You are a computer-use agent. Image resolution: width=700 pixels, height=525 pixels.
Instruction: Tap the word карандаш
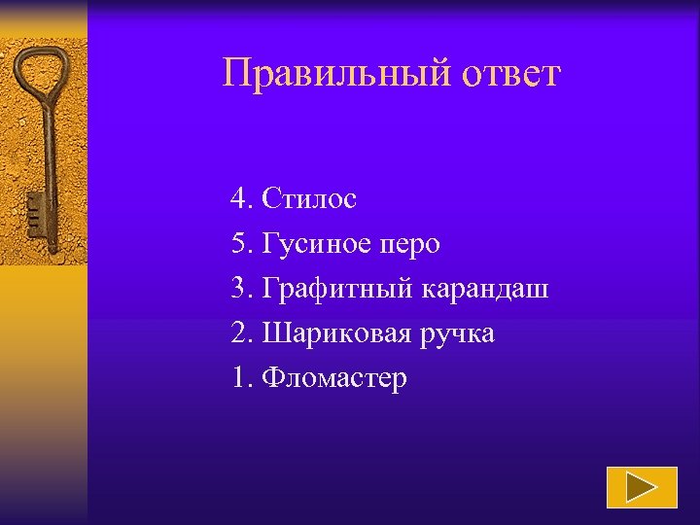tap(485, 289)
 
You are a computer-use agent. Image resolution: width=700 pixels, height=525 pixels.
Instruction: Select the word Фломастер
tap(334, 378)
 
